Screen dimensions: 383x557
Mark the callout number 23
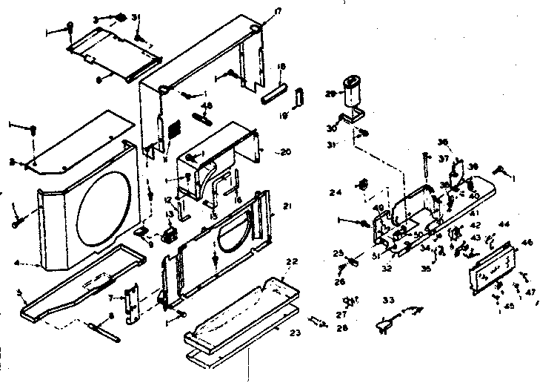[x=295, y=333]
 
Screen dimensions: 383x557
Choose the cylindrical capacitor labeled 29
[x=351, y=95]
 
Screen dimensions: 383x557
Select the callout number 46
[x=527, y=242]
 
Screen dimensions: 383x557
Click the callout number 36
[x=442, y=143]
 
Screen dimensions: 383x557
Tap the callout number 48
[x=207, y=105]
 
